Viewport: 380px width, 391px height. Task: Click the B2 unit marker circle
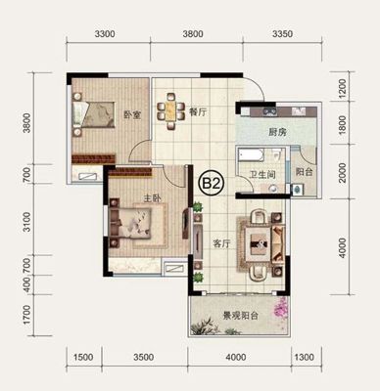click(212, 184)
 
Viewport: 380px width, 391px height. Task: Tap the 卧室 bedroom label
click(132, 115)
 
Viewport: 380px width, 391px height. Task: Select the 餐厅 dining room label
click(198, 112)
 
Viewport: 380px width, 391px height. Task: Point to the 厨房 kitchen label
click(277, 132)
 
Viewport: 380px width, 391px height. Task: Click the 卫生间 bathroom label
click(262, 175)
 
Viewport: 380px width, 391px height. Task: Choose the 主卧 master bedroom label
click(153, 198)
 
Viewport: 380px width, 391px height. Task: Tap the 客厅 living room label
click(221, 243)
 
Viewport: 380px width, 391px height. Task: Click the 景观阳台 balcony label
click(240, 316)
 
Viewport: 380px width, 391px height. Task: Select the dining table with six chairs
click(170, 111)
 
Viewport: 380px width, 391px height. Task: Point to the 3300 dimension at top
click(105, 33)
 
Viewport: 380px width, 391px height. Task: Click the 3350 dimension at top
click(283, 33)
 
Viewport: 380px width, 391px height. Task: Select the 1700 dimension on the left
click(27, 315)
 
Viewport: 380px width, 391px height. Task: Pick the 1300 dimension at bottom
click(304, 357)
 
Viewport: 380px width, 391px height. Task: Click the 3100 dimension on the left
click(27, 222)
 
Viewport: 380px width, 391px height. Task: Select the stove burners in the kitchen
click(270, 111)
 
